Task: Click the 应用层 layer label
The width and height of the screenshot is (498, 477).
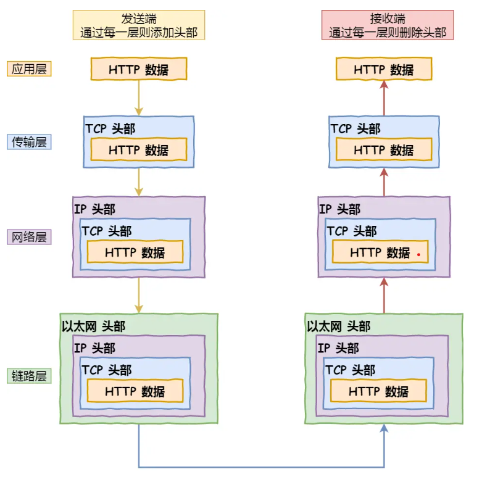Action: [29, 68]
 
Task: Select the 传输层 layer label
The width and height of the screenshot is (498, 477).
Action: [29, 142]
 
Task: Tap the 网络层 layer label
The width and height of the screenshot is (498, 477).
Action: [29, 237]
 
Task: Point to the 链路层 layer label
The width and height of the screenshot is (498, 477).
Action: [29, 376]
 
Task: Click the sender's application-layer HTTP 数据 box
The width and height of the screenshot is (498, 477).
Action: [138, 69]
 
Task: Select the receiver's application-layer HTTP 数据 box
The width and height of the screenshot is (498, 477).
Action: [383, 69]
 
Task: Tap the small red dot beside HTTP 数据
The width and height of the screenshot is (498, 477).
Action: [418, 254]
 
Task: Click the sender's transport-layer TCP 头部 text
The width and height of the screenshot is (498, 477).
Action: [110, 129]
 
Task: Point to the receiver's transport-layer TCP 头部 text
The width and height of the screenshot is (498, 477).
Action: [355, 129]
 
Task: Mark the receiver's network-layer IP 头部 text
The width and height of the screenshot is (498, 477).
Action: [339, 209]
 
